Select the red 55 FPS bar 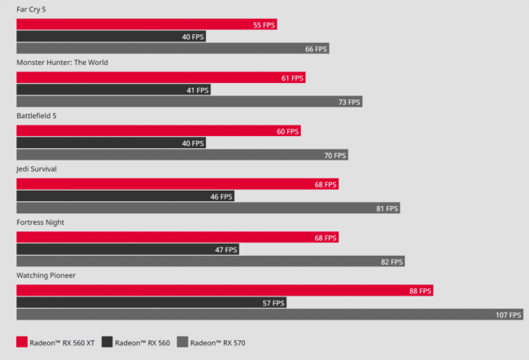[x=146, y=24]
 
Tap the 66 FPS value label [x=315, y=49]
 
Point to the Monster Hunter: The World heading [x=62, y=62]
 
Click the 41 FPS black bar [x=113, y=90]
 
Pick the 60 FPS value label [x=286, y=131]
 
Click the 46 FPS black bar [x=126, y=196]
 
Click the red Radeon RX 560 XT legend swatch [x=22, y=343]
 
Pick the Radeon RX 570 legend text [x=218, y=343]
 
